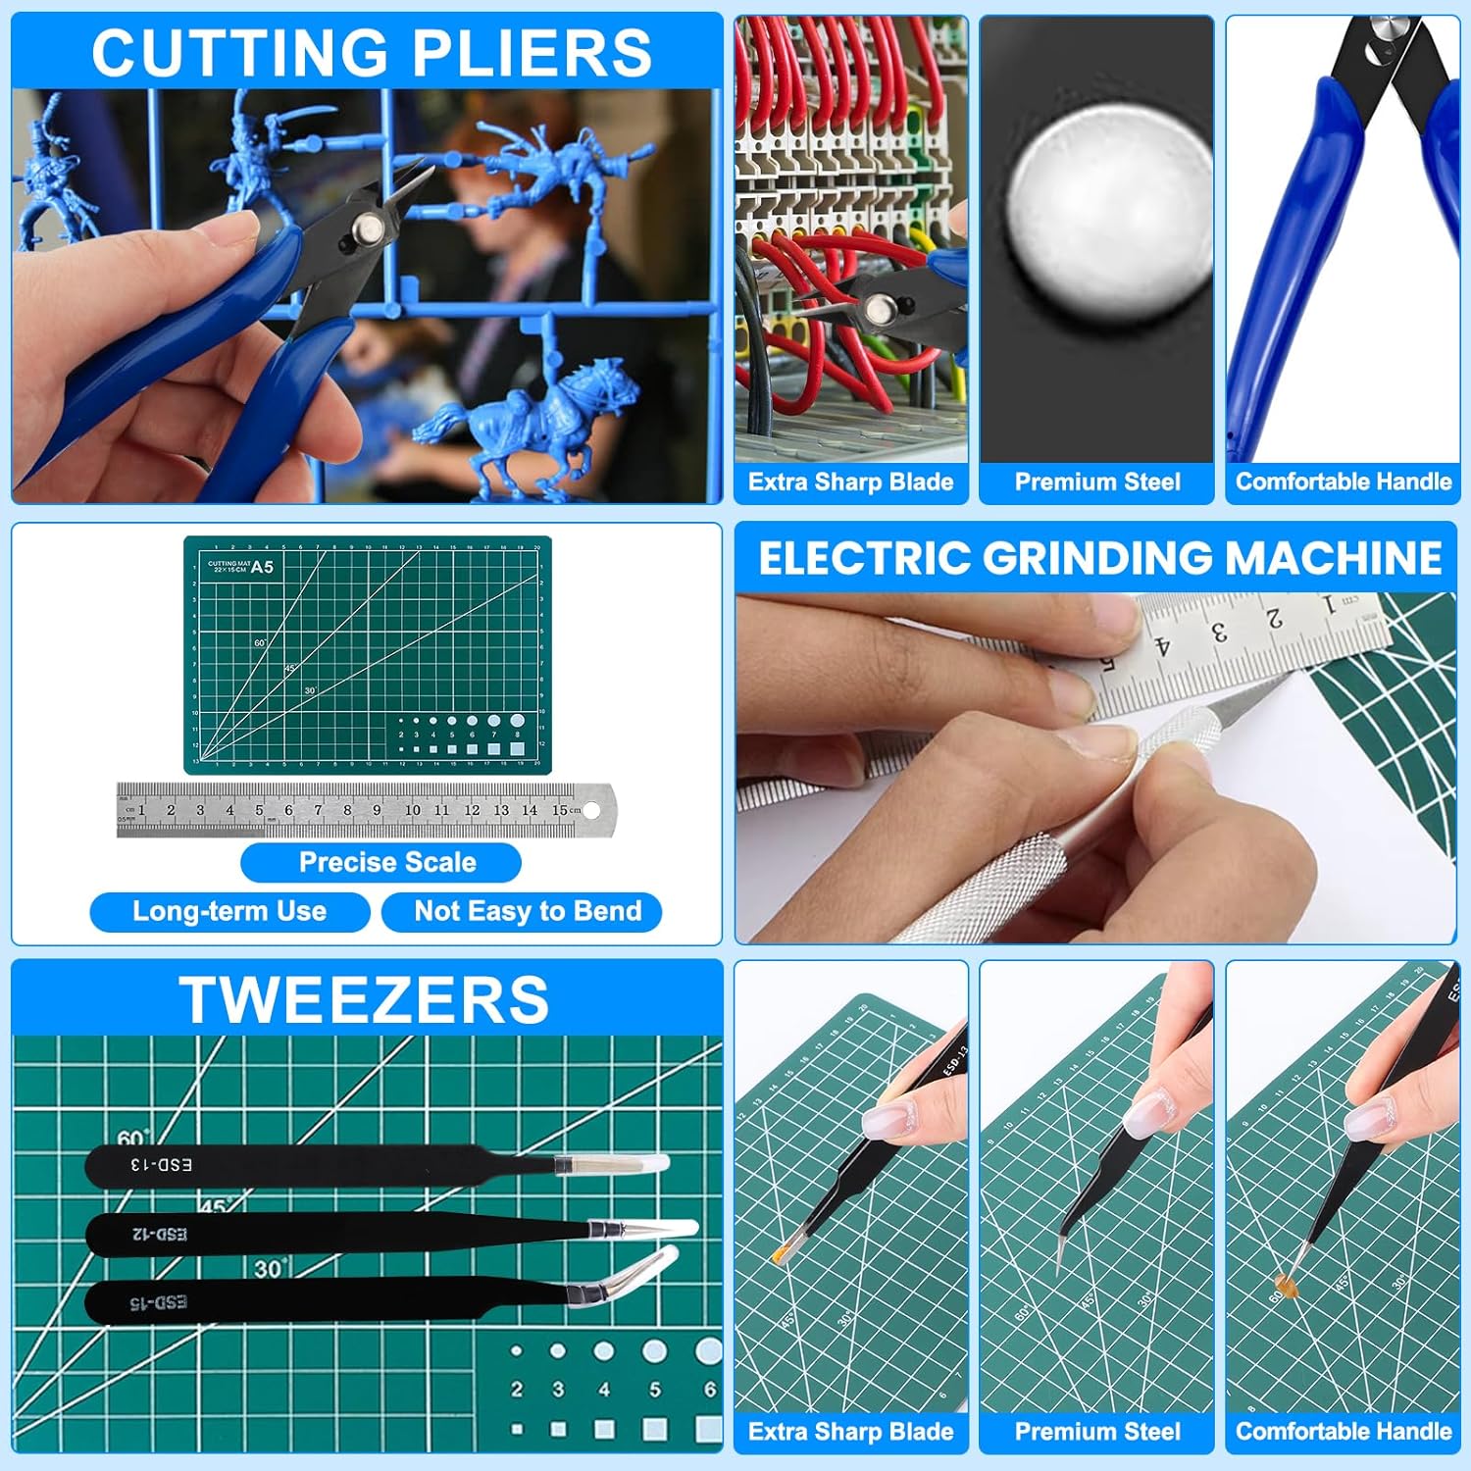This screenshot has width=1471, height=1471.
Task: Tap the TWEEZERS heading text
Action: [x=364, y=1000]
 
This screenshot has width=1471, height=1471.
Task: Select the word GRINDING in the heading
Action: [x=1097, y=558]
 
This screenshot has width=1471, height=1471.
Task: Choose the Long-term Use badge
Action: [x=229, y=911]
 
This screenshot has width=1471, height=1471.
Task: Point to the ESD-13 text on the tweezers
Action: [x=162, y=1165]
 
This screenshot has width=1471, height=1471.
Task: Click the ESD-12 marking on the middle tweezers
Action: [x=160, y=1234]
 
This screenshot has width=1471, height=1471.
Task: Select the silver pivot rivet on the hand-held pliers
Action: [x=368, y=228]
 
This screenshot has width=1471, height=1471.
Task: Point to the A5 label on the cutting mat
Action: [x=262, y=567]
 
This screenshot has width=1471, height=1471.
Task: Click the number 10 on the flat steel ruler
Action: [x=413, y=810]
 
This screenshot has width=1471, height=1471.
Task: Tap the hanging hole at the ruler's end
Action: [x=591, y=810]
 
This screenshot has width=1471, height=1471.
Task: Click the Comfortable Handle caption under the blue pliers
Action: [x=1343, y=482]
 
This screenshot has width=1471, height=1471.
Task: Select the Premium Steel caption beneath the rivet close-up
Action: [x=1096, y=482]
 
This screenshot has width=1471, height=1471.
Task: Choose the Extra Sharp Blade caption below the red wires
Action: [x=850, y=482]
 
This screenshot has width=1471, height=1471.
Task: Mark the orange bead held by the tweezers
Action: [x=1282, y=1283]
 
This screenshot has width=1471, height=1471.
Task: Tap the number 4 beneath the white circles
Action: [x=604, y=1390]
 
